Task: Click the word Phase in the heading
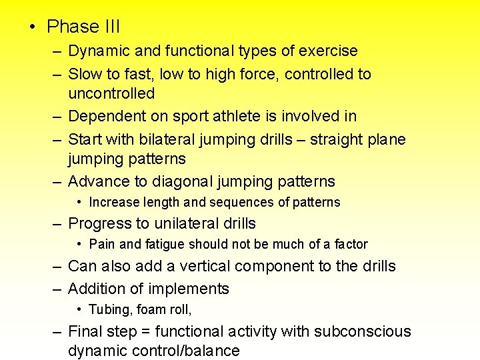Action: [x=72, y=27]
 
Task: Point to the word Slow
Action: [x=85, y=74]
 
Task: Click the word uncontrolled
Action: [x=111, y=93]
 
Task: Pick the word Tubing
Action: [x=107, y=309]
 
